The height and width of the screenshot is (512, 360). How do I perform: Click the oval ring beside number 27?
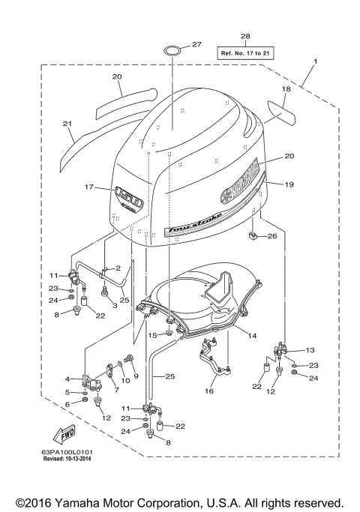coord(172,51)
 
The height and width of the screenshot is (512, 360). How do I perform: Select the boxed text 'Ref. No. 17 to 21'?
coord(245,53)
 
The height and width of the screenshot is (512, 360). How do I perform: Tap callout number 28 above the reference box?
coord(245,37)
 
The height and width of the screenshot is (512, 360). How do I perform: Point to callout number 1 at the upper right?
coord(316,61)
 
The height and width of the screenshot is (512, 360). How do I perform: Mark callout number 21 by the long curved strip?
coord(67,124)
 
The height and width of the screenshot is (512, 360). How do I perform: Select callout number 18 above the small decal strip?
coord(285,88)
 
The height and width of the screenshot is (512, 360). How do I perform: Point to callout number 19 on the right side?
coord(289,182)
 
